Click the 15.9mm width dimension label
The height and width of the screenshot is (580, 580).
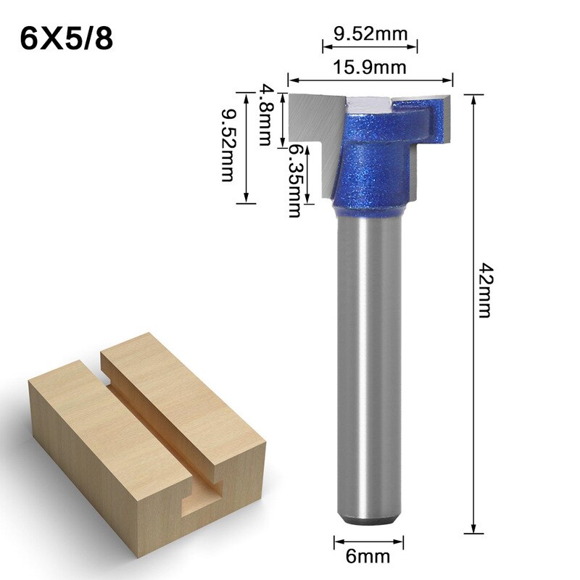click(369, 67)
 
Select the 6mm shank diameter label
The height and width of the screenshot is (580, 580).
click(369, 557)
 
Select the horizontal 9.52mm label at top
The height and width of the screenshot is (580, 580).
click(370, 33)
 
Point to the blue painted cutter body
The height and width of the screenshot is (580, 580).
click(370, 167)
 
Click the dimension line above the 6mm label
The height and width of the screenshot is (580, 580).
click(369, 541)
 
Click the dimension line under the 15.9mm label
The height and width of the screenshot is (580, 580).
click(370, 80)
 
